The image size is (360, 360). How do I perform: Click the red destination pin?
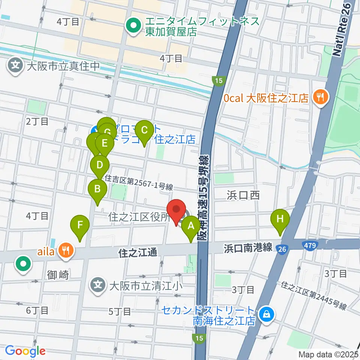tap(176, 211)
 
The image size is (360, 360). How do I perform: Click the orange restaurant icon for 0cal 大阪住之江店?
tap(320, 98)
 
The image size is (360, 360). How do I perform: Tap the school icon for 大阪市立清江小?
tap(98, 286)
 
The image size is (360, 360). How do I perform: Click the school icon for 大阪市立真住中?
tap(16, 66)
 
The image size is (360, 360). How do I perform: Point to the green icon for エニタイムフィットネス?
tap(133, 26)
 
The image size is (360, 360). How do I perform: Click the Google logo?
tap(25, 351)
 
